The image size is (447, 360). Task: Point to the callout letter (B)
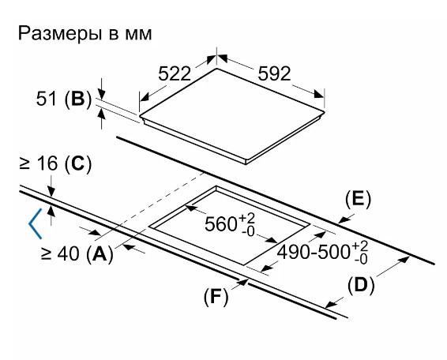pos(79,99)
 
